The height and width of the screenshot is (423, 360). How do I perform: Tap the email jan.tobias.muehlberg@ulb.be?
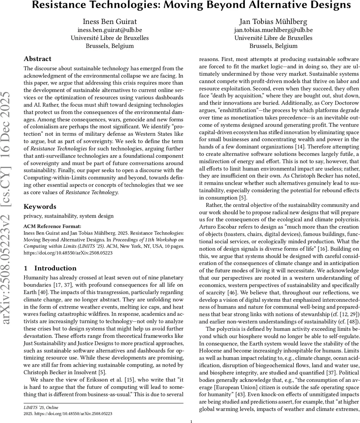(x=273, y=30)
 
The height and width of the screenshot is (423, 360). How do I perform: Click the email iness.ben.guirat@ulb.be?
(x=110, y=30)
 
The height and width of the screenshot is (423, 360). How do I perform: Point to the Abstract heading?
(x=37, y=59)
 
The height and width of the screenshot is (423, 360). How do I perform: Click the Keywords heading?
(x=40, y=207)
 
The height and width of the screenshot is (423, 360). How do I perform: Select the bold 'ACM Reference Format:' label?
(x=52, y=226)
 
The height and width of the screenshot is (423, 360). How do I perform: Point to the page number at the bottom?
(x=191, y=421)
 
